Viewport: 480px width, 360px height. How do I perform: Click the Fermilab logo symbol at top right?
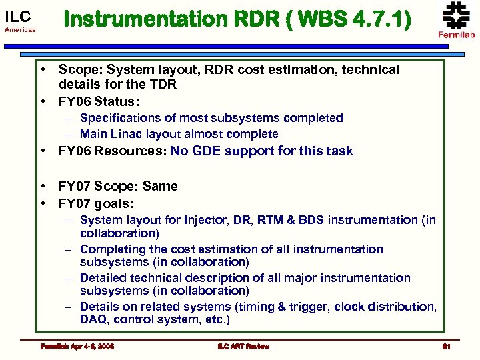(456, 15)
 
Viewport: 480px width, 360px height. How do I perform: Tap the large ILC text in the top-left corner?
(18, 17)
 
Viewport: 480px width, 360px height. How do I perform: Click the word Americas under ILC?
(19, 31)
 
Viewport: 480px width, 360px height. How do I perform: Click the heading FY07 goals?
(96, 203)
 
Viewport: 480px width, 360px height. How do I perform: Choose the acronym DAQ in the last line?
(94, 320)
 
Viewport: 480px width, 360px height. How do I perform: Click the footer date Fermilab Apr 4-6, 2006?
(76, 346)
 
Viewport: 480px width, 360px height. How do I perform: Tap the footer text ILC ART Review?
(243, 346)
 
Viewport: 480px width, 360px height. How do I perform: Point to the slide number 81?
(447, 346)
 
